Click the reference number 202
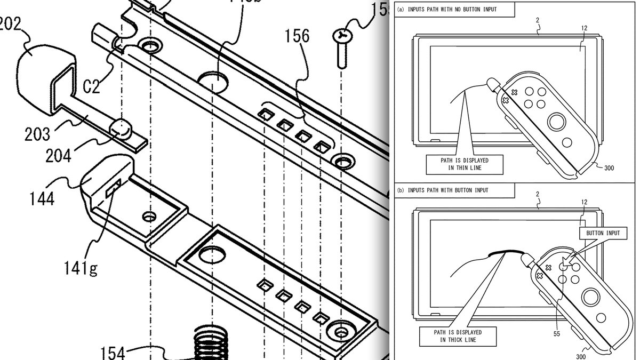pyautogui.click(x=8, y=25)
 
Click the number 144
pyautogui.click(x=42, y=199)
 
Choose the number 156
pyautogui.click(x=297, y=36)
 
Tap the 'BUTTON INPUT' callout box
pyautogui.click(x=603, y=233)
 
